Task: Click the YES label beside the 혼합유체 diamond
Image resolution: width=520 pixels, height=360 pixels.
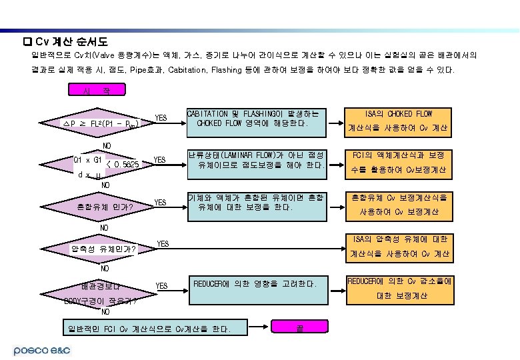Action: coord(161,203)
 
